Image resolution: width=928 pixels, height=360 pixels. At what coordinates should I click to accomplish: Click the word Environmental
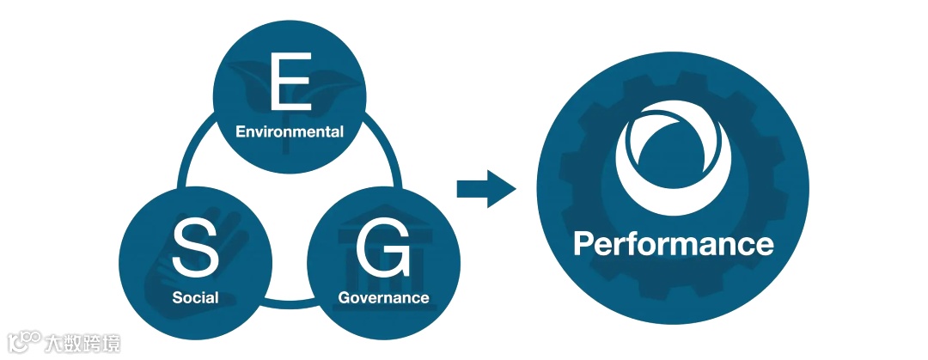click(x=290, y=132)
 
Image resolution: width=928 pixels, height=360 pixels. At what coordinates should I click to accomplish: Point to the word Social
click(x=195, y=298)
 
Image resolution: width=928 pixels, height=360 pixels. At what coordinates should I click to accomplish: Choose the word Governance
click(x=383, y=298)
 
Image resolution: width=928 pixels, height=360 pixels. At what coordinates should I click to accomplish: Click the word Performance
click(x=673, y=244)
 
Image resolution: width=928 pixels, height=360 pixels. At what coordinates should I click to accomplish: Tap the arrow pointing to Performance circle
click(x=485, y=188)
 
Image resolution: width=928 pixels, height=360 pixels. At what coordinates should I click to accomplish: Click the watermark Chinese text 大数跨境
click(x=84, y=344)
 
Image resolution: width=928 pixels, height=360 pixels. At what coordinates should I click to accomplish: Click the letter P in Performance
click(x=584, y=244)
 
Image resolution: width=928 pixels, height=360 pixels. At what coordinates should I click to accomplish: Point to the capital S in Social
click(x=177, y=298)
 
